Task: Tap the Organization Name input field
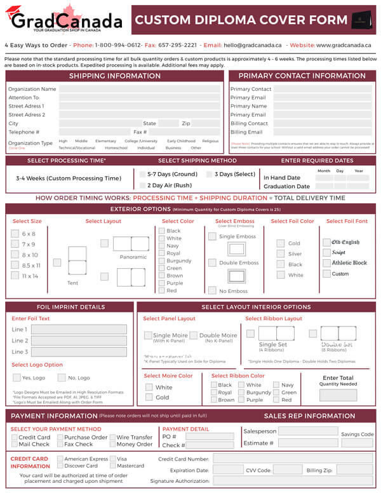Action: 140,90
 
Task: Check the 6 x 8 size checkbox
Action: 15,234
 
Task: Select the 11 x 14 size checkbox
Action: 15,276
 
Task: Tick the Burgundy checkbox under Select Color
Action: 162,261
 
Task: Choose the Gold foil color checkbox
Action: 281,243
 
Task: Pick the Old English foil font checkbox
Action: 326,242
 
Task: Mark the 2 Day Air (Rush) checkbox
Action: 142,186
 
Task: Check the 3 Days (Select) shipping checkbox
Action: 210,174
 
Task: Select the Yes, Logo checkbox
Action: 16,378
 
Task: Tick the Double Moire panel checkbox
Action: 194,335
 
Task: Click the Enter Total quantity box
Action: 338,395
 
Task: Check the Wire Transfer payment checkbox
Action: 112,437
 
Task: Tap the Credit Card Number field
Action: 292,458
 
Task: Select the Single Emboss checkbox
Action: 212,236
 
